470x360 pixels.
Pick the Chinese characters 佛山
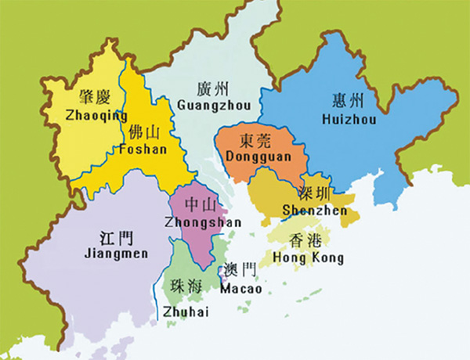(146, 131)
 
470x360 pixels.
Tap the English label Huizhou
(349, 119)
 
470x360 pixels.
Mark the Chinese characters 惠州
(349, 100)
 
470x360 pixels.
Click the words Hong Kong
(308, 257)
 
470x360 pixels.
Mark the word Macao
(241, 289)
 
